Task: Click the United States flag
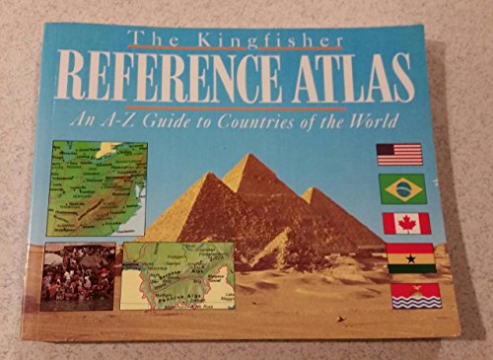[399, 154]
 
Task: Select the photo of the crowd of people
[78, 276]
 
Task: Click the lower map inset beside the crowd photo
[178, 275]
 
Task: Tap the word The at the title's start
[149, 40]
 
